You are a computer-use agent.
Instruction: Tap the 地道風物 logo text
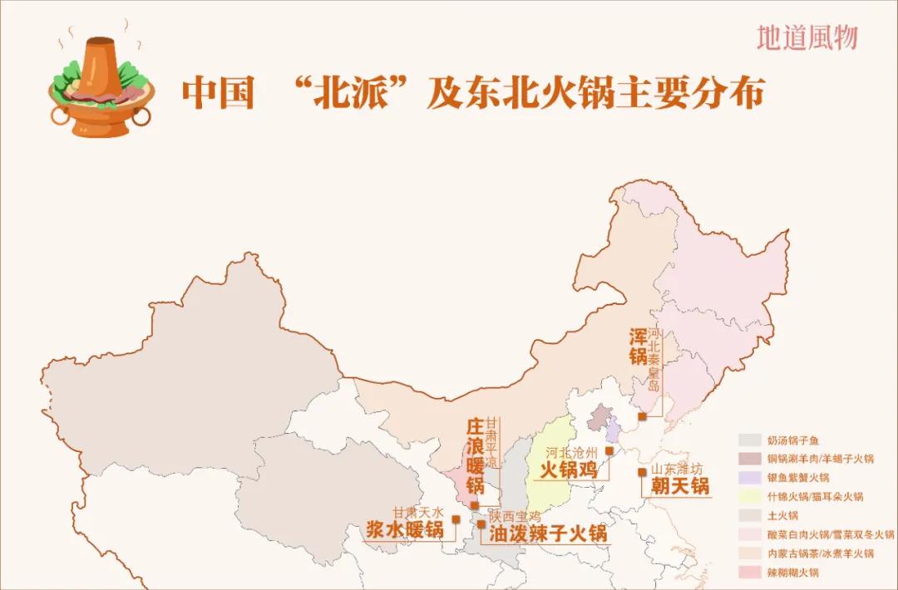pos(807,37)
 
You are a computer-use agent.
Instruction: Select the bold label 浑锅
pos(638,347)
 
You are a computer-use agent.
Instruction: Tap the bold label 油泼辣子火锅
pos(548,533)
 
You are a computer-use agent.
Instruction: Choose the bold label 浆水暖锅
pos(405,529)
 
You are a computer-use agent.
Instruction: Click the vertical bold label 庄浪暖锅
pos(475,455)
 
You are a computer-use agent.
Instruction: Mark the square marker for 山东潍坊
pos(642,472)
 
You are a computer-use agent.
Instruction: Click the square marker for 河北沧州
pos(609,451)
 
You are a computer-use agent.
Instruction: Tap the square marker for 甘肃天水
pos(456,519)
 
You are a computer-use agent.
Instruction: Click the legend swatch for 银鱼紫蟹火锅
pos(751,478)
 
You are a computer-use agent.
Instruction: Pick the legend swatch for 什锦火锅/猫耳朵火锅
pos(751,497)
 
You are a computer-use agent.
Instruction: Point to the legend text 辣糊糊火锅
pos(793,573)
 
